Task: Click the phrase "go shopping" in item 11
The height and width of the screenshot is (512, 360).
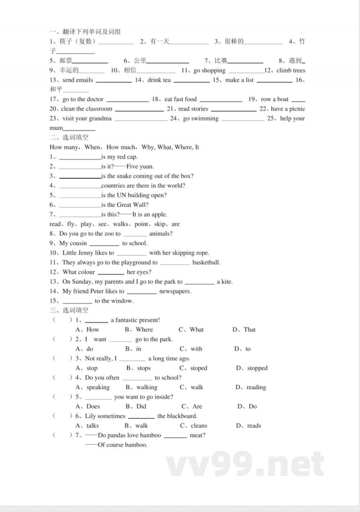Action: coord(209,71)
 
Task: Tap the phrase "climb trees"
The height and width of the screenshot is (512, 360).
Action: coord(291,71)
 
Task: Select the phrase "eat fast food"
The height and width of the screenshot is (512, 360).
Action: coord(180,100)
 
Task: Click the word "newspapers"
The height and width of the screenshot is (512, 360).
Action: coord(175,291)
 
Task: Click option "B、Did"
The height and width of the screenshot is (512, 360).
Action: coord(136,407)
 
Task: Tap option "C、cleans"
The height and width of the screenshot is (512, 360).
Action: coord(194,426)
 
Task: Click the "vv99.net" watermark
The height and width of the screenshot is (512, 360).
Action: coord(245,464)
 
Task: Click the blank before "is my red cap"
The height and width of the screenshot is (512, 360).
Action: coord(80,157)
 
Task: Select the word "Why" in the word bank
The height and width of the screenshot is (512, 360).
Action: coord(148,147)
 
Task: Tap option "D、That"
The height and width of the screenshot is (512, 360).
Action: coord(244,330)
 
